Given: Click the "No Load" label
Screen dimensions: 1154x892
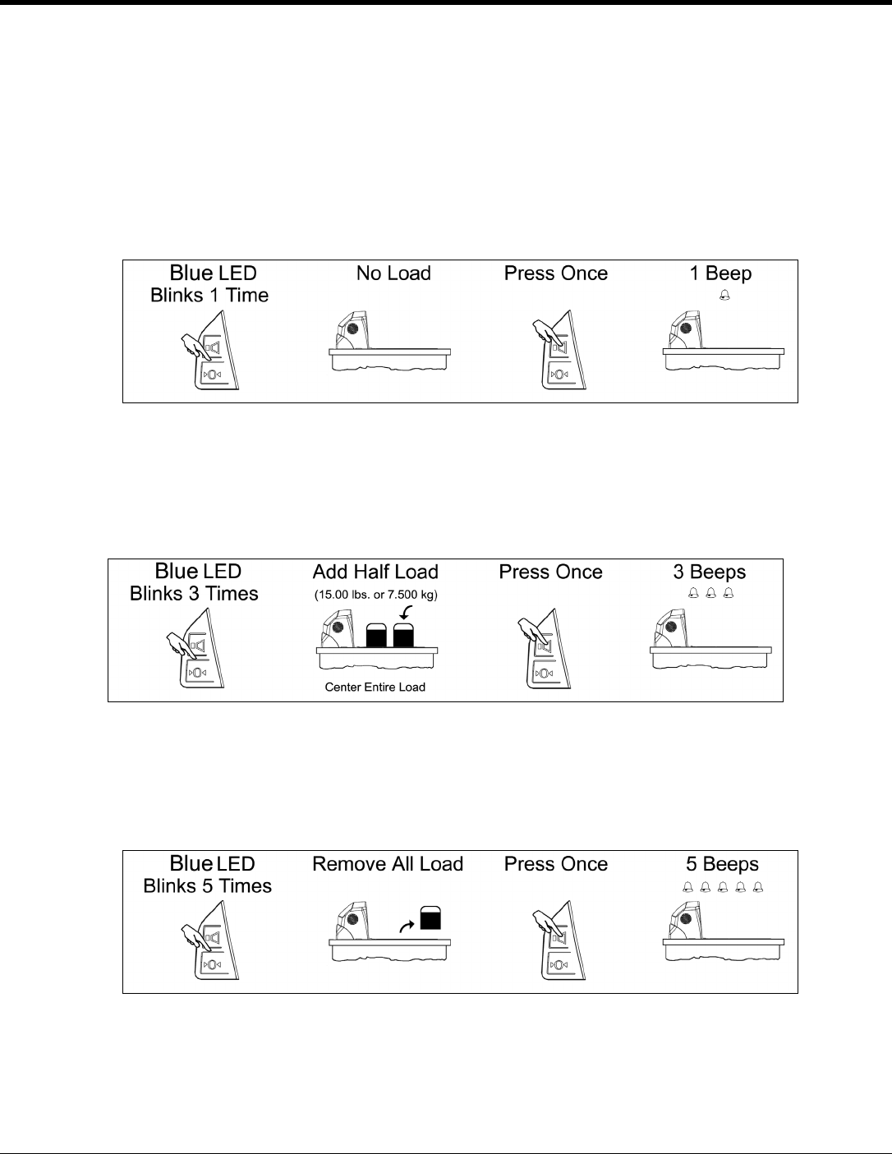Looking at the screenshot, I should click(393, 274).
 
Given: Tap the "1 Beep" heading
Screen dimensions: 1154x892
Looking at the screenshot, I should click(720, 274).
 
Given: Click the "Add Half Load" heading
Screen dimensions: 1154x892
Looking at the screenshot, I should click(375, 572).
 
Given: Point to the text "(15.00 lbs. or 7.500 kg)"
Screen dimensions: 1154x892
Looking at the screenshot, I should click(375, 595).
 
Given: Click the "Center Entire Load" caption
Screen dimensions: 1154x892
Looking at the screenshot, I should click(375, 687).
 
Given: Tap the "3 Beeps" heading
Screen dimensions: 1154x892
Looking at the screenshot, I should click(710, 572).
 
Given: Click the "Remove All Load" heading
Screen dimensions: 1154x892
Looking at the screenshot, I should click(388, 864).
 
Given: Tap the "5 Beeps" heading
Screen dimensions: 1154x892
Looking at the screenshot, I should click(722, 864).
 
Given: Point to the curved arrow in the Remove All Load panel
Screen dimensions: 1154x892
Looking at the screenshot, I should click(406, 925).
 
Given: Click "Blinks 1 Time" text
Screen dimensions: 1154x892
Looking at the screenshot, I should click(209, 296).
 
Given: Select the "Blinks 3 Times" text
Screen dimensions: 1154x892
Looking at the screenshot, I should click(194, 594).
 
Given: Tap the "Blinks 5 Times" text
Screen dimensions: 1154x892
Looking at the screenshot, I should click(207, 886).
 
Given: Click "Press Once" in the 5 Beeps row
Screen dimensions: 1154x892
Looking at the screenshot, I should click(556, 864).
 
